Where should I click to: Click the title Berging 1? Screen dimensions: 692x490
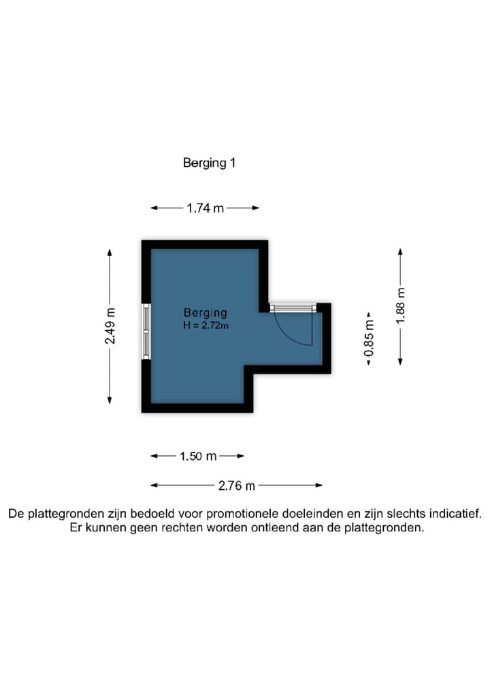pyautogui.click(x=209, y=163)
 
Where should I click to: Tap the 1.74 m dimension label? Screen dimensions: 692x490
pyautogui.click(x=205, y=208)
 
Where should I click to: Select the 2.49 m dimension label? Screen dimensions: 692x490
pyautogui.click(x=110, y=327)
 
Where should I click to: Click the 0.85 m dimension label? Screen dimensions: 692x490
pyautogui.click(x=369, y=340)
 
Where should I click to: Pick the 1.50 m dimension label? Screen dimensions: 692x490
pyautogui.click(x=198, y=456)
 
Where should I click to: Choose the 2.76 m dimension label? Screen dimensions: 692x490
pyautogui.click(x=237, y=485)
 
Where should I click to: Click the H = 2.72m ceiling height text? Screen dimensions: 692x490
pyautogui.click(x=206, y=325)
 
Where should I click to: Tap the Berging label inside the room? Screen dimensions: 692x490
pyautogui.click(x=206, y=313)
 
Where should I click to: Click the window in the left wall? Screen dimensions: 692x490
pyautogui.click(x=146, y=331)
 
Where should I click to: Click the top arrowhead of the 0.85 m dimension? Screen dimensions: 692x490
pyautogui.click(x=369, y=316)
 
